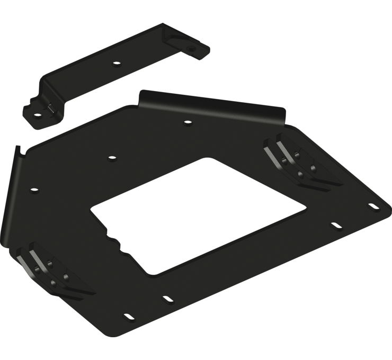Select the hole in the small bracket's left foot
[39, 113]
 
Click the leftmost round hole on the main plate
[34, 189]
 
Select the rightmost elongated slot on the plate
[374, 207]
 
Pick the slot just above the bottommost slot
[167, 299]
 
